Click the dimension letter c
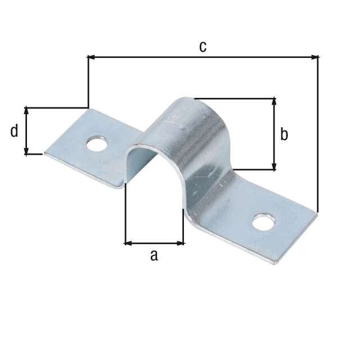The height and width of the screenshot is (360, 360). tap(202, 47)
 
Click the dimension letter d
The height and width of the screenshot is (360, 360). tap(14, 131)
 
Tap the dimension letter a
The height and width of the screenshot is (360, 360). tap(154, 256)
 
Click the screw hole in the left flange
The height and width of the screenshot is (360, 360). tap(97, 144)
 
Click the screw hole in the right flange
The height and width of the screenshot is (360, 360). tap(264, 222)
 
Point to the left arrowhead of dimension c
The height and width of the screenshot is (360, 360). tap(91, 57)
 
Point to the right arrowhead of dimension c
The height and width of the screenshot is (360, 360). tap(315, 57)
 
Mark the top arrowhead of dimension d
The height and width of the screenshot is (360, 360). tap(26, 111)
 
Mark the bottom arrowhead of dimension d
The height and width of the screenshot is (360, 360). tap(26, 151)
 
